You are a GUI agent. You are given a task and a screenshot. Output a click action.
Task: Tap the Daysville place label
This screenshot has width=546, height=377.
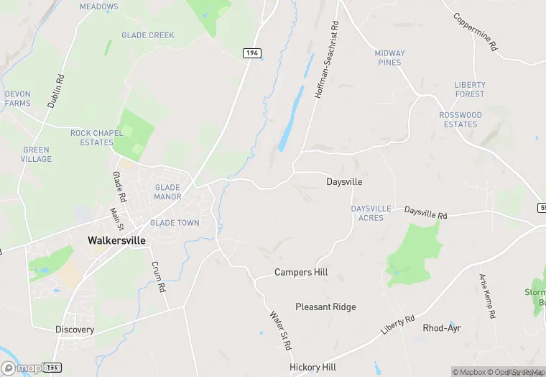pos(344,182)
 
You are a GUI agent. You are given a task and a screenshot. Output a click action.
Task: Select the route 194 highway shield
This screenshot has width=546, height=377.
pos(251,53)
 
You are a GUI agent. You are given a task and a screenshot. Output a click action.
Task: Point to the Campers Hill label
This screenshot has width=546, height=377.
pos(301,273)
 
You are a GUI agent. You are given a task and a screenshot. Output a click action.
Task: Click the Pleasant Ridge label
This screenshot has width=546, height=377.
pos(325,307)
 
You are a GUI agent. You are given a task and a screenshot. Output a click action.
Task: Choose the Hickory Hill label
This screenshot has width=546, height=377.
pos(313,367)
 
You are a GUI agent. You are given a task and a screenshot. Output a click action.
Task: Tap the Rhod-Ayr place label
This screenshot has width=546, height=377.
pos(441,328)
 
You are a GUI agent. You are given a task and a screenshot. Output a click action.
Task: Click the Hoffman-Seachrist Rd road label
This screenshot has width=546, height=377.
pos(326,60)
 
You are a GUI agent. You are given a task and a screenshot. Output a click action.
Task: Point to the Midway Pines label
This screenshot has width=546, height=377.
pos(389,58)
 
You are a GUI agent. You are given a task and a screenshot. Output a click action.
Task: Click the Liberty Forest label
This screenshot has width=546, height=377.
pos(470,89)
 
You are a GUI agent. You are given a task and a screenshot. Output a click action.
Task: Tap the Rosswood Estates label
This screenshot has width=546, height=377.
pos(461,119)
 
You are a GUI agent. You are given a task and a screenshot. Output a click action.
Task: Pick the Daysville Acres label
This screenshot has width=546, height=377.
pos(371,213)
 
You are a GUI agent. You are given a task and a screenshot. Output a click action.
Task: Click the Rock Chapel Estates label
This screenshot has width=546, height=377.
pos(92,137)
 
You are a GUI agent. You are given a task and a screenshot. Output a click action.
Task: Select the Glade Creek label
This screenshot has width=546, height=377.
pos(148,35)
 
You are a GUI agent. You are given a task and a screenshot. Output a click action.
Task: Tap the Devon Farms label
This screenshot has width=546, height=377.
pos(17,99)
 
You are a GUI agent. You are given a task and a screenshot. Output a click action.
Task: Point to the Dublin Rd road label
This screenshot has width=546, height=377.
pos(56,91)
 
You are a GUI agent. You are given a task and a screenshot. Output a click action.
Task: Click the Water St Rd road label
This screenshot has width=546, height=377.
pos(280,330)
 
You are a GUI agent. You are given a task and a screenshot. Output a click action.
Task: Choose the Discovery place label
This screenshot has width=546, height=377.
pos(75,330)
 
